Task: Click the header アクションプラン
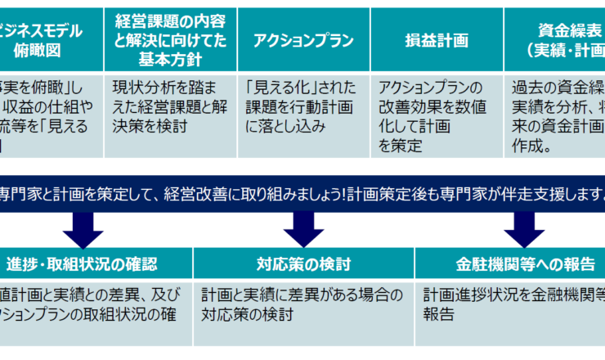coord(304,39)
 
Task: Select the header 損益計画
coord(437,39)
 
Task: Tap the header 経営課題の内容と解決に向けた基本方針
coord(171,39)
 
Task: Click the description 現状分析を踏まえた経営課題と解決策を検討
coord(171,106)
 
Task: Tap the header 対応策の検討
coord(303,264)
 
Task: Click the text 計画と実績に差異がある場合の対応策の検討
coord(302,303)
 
